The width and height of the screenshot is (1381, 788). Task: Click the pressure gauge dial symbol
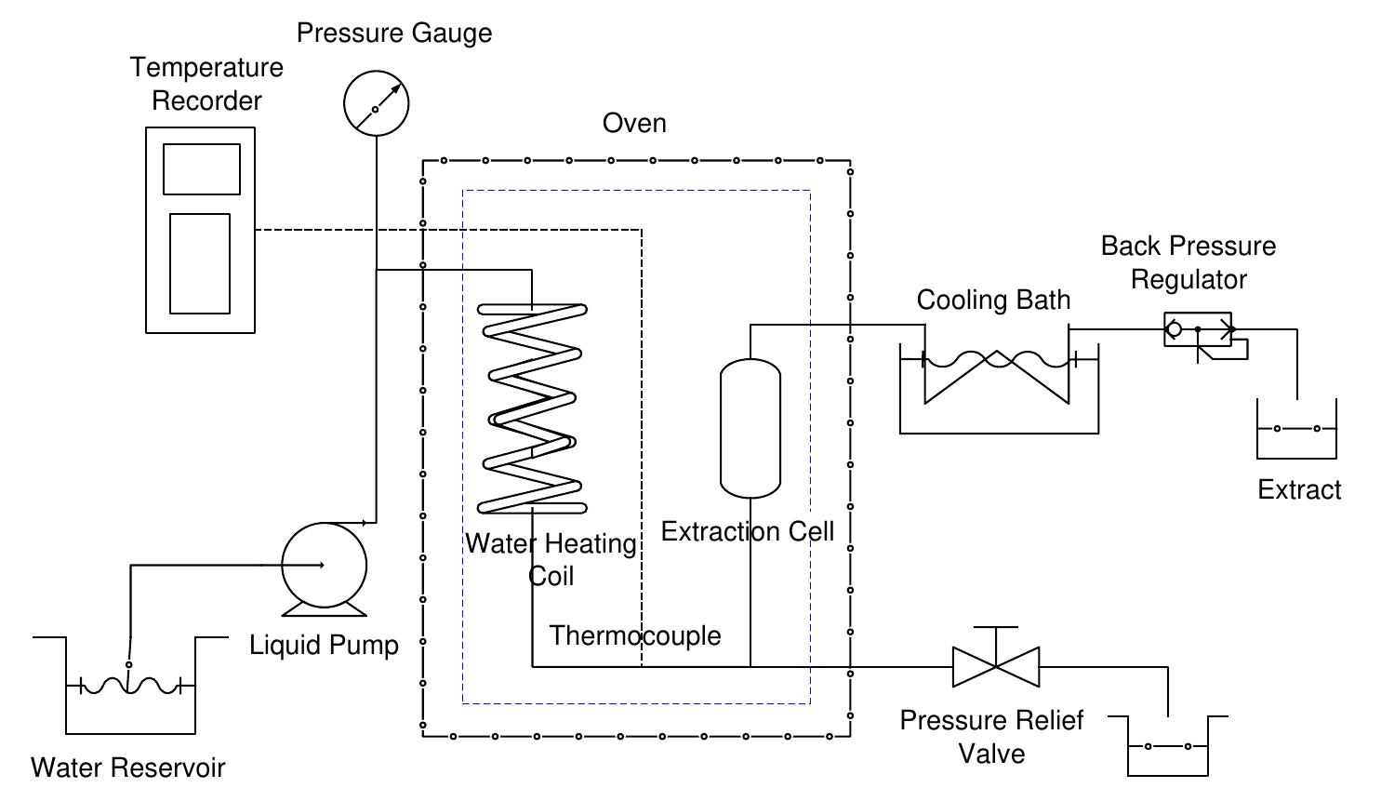(376, 103)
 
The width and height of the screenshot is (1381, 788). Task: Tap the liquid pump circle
(325, 566)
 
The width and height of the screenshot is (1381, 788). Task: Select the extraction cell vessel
(750, 429)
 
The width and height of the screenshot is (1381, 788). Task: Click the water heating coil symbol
(532, 409)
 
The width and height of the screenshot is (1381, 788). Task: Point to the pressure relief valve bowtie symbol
(996, 666)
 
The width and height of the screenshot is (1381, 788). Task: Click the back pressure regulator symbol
(1199, 330)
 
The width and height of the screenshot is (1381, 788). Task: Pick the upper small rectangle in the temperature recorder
(202, 169)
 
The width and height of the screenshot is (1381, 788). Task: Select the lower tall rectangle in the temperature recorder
(200, 263)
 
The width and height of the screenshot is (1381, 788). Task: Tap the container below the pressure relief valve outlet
(1168, 748)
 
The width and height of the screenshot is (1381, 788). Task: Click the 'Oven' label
(634, 123)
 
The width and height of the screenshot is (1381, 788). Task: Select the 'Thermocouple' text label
(635, 635)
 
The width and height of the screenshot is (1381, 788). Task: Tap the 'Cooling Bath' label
(993, 300)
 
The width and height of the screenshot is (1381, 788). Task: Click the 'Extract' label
(1299, 489)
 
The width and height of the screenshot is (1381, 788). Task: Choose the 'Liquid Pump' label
(324, 645)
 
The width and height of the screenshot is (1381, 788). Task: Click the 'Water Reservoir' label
(128, 768)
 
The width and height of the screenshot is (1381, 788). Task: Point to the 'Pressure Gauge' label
(394, 33)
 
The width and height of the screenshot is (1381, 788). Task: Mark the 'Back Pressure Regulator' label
(1188, 262)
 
